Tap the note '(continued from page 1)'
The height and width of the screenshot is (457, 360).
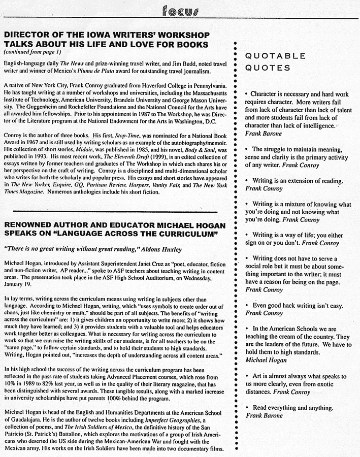pyautogui.click(x=32, y=52)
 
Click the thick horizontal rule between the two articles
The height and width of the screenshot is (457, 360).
pyautogui.click(x=114, y=210)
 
